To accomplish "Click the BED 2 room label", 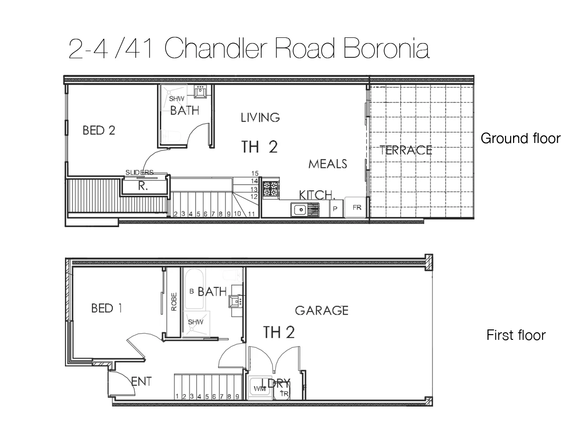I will pos(99,130).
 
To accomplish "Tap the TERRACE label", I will pos(406,150).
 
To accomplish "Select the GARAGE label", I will pos(321,311).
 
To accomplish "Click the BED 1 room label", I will pos(106,309).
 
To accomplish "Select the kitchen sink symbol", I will pos(299,208).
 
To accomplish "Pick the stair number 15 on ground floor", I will pos(255,173).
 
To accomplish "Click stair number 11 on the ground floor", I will pos(251,214).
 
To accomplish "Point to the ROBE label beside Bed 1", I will pos(174,302).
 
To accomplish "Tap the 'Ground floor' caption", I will pos(520,138).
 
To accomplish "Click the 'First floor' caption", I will pos(516,335).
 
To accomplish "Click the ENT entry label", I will pos(141,382).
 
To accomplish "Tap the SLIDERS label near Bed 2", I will pos(139,172).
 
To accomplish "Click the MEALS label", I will pos(328,164).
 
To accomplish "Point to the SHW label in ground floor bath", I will pos(176,99).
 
